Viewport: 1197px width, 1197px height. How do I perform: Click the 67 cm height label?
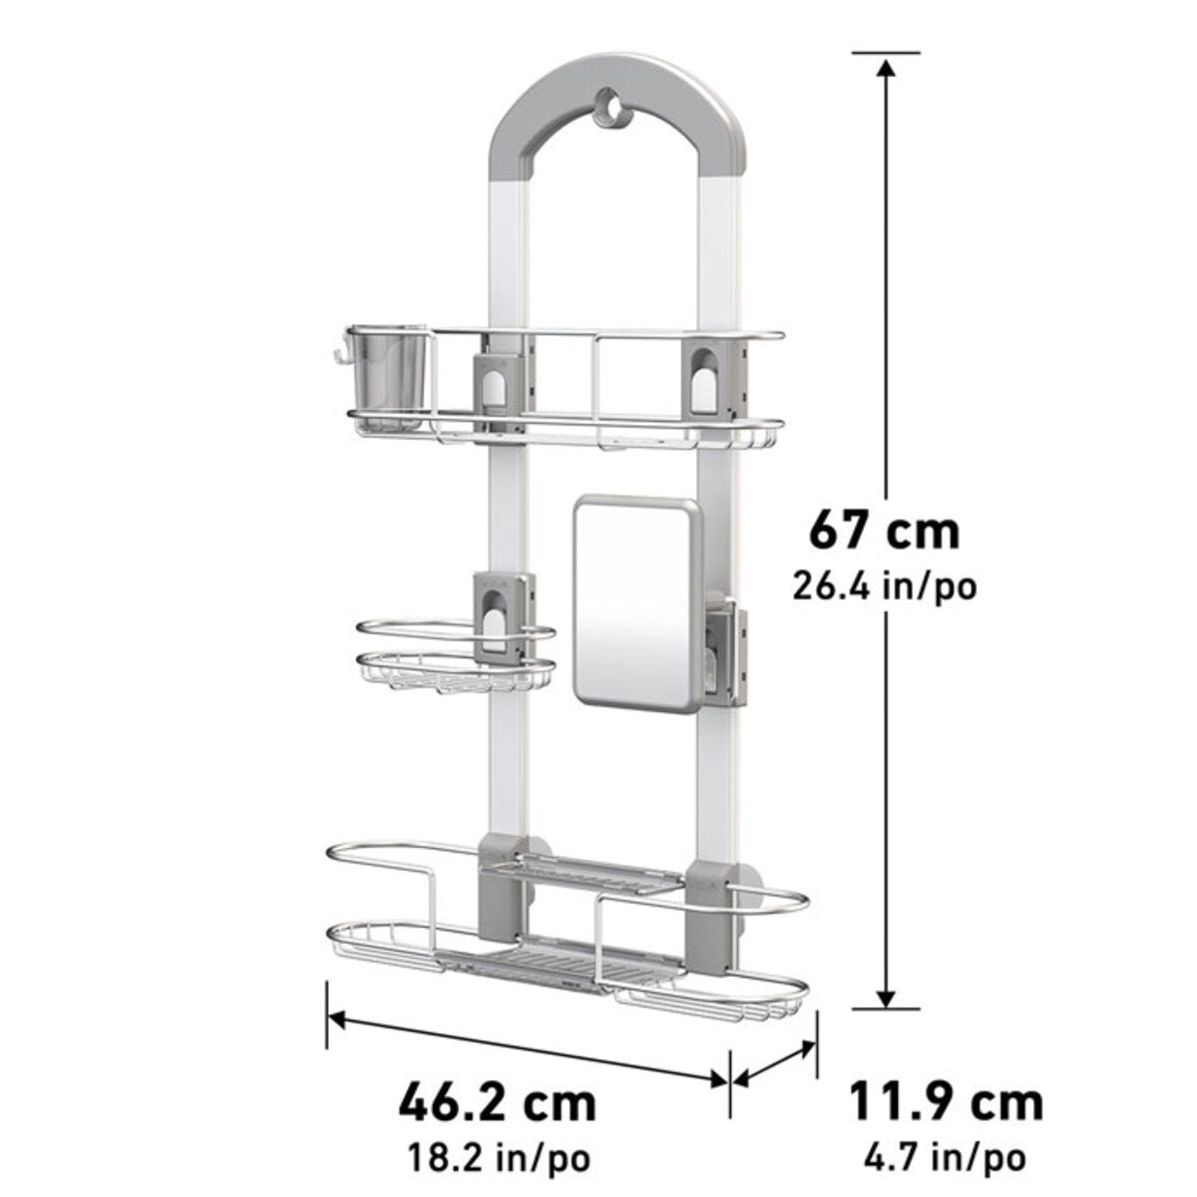884,529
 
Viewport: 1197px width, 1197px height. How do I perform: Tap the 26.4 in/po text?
884,586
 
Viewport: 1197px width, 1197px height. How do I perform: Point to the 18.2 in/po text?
499,1158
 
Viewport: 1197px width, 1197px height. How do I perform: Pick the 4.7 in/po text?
944,1158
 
